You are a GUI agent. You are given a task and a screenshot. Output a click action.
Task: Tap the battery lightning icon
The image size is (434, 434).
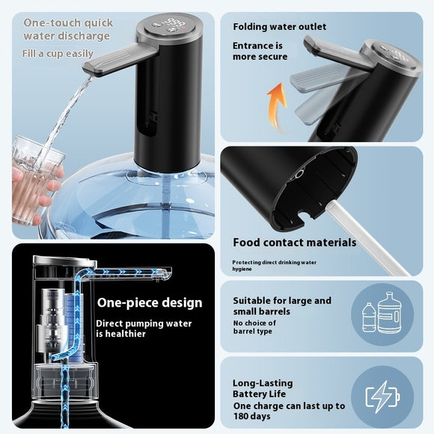point(382,397)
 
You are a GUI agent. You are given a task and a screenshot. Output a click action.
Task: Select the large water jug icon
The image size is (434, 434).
point(390,313)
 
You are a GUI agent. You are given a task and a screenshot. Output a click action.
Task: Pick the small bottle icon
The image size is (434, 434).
point(369,317)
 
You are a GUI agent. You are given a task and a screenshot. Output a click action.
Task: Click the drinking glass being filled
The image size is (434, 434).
point(33,180)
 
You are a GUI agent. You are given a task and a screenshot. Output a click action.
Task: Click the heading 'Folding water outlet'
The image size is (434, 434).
point(280,27)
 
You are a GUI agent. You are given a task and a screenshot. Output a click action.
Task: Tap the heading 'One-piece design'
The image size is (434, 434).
point(150,303)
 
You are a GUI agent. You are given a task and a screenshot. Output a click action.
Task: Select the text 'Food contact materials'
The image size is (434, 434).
point(295,242)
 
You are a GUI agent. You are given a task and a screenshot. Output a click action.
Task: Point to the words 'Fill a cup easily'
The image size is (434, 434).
point(58,54)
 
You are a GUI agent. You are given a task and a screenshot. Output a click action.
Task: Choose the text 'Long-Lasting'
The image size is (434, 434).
point(263,383)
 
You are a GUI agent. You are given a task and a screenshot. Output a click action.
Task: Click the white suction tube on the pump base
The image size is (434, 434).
point(365,237)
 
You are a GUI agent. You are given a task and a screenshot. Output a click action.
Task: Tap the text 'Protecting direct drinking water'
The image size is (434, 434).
point(274,263)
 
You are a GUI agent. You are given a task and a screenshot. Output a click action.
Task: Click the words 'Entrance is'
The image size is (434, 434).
point(257,46)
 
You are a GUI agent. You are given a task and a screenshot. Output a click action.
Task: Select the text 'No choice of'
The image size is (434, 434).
point(254,323)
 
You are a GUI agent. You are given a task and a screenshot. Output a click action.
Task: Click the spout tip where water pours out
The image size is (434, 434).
point(89,70)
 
